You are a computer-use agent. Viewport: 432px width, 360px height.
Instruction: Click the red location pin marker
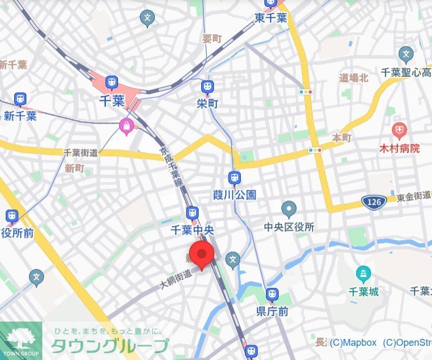click(201, 254)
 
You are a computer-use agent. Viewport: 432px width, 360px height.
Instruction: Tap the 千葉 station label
click(111, 100)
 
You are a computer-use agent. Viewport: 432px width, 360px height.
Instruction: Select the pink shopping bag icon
click(126, 126)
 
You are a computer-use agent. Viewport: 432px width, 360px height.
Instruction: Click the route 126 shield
click(372, 201)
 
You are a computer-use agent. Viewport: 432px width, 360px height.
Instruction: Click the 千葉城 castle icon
click(364, 274)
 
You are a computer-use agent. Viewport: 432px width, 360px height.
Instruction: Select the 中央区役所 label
click(289, 227)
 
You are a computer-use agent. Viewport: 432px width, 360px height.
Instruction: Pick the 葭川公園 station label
click(234, 195)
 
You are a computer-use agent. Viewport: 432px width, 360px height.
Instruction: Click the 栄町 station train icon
click(208, 87)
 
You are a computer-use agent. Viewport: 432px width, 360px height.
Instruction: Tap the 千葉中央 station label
click(192, 231)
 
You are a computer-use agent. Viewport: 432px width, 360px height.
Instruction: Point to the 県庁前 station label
click(272, 312)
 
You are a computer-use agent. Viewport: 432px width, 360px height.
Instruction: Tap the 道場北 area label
click(353, 78)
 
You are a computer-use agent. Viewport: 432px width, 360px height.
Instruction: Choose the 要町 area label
click(212, 39)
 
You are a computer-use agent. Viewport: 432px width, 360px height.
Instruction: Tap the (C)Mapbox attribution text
click(353, 343)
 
